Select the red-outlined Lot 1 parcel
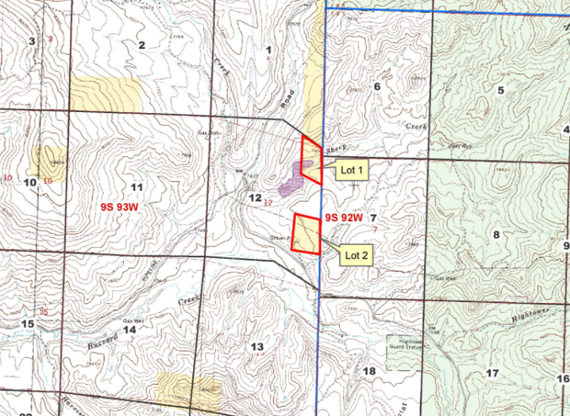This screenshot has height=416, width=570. point(312,159)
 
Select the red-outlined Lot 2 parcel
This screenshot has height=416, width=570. point(305,233)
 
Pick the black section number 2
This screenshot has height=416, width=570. point(142,45)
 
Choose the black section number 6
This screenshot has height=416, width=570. point(376,86)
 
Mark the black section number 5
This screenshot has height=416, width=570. point(501,89)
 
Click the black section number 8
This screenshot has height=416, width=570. point(496,235)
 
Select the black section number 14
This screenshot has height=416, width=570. point(131,330)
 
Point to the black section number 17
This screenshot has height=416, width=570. point(492,373)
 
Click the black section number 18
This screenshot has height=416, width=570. point(370,370)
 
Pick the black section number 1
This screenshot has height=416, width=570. point(269,49)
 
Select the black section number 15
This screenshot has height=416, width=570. point(28,324)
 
